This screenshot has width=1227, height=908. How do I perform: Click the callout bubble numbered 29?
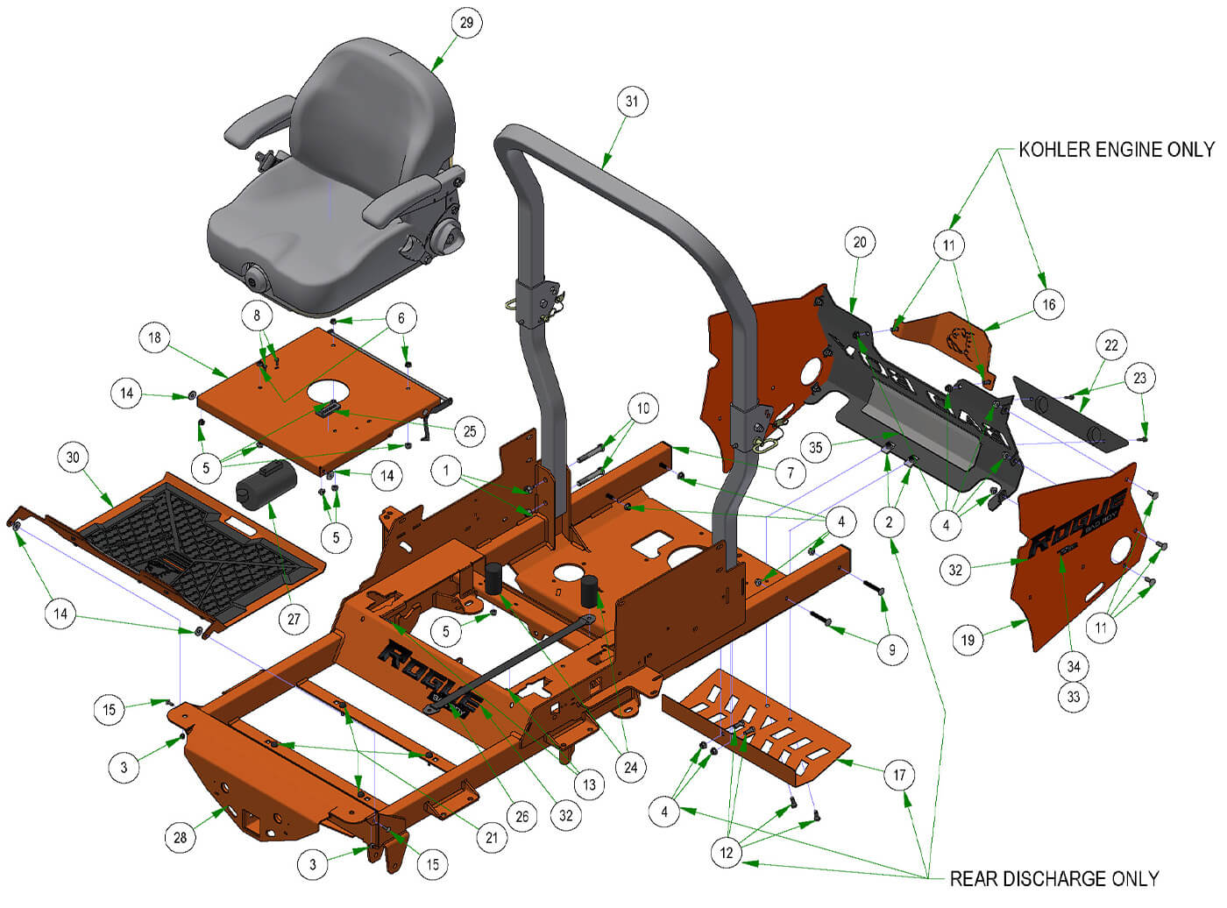point(466,23)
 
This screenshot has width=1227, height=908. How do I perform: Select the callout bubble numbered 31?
point(632,102)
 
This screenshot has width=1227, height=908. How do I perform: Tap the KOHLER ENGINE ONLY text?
point(1117,149)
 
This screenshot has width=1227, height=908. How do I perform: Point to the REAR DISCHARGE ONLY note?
point(1054,879)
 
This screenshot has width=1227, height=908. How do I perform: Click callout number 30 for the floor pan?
point(73,457)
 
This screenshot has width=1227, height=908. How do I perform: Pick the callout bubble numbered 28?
point(181,837)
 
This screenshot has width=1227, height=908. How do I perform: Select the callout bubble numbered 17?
point(899,775)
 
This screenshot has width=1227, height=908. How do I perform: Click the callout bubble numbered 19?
point(968,640)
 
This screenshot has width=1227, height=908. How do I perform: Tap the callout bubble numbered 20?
point(860,242)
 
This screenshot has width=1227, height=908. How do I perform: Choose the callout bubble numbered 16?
point(1049,304)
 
